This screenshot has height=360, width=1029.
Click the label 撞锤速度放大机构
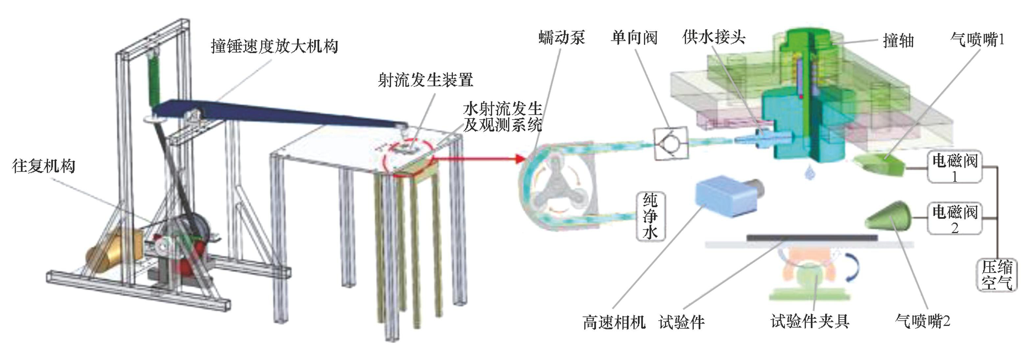click(274, 46)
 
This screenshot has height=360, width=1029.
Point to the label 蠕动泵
click(561, 37)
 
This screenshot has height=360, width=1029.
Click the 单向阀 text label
click(634, 38)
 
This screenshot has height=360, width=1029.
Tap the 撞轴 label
click(898, 41)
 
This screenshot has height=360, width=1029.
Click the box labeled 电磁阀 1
click(954, 167)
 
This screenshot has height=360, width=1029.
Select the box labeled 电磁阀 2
click(954, 219)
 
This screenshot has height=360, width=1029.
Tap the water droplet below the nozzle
click(809, 173)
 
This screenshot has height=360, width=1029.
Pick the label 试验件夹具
click(810, 321)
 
